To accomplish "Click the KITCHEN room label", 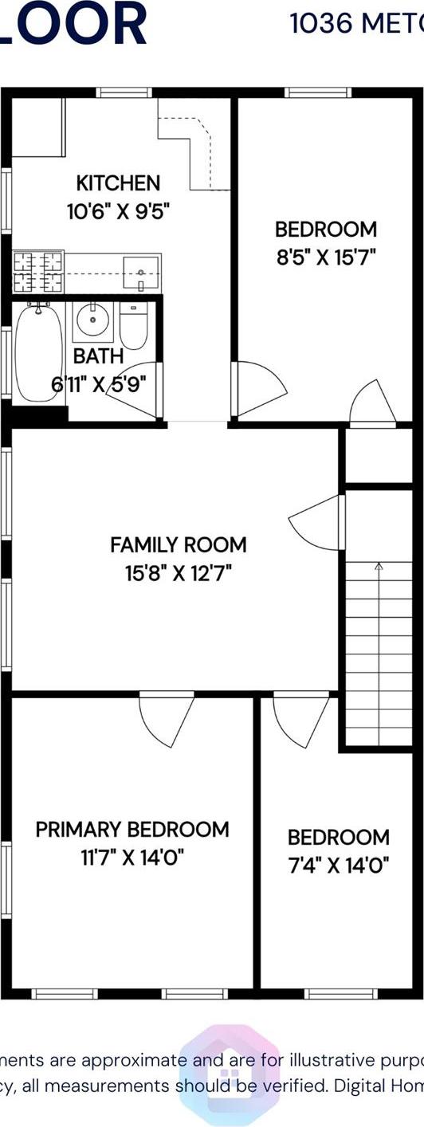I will click(118, 183).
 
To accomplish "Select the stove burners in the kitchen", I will click(37, 271).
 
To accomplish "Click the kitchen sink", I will click(141, 273).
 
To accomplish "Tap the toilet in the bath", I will click(134, 328).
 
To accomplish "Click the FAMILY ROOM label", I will click(179, 545).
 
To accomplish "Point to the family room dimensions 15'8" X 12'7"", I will click(179, 572).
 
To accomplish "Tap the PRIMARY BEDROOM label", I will click(132, 830).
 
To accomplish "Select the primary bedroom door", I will click(167, 717).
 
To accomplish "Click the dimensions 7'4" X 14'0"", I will click(338, 865).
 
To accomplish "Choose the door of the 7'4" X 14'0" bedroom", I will click(301, 717).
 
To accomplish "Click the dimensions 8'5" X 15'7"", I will click(325, 257).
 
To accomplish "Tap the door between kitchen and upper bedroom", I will click(258, 388).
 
